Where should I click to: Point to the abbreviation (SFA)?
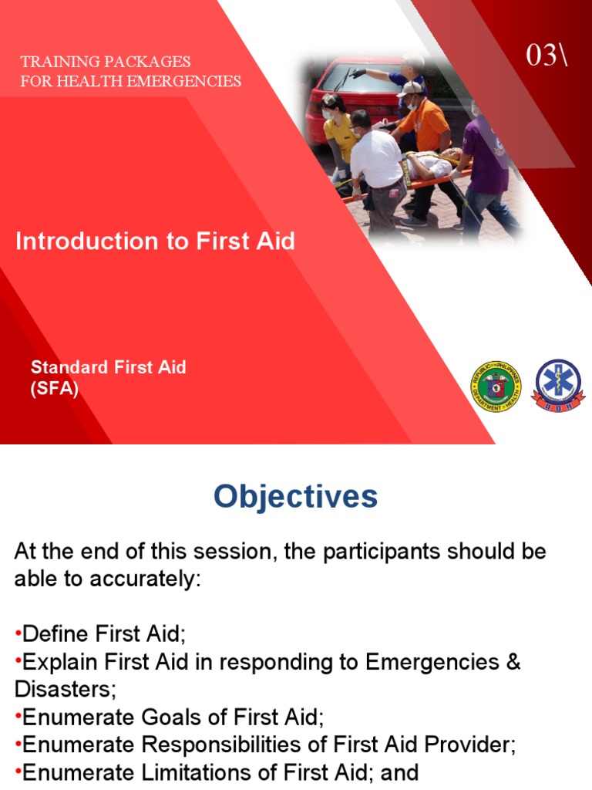(x=55, y=389)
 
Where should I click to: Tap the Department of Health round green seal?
(x=495, y=386)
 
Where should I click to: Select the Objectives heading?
(x=296, y=497)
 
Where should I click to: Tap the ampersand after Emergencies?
(x=513, y=663)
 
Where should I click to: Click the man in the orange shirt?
(x=425, y=127)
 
